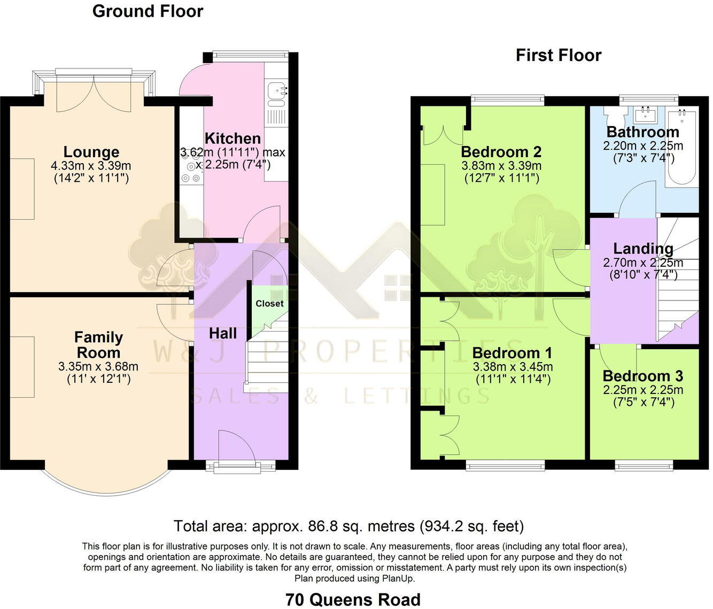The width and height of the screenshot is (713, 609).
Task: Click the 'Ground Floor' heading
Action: click(148, 11)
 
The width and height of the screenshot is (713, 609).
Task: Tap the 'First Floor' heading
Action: click(558, 55)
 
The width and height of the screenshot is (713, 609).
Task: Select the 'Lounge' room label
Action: click(91, 152)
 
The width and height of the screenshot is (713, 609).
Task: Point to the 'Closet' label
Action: click(269, 304)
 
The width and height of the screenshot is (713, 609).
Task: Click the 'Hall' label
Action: click(222, 334)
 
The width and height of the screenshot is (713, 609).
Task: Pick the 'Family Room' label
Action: click(98, 345)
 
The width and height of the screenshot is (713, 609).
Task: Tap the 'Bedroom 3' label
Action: click(642, 376)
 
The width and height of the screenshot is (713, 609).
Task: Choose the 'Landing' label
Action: click(642, 249)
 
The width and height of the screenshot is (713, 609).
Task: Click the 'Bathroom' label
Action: click(642, 132)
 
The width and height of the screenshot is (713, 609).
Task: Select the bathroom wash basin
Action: click(646, 113)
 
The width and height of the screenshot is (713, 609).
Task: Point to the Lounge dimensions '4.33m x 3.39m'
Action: click(91, 166)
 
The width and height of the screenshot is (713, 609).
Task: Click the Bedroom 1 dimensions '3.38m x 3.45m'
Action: click(513, 367)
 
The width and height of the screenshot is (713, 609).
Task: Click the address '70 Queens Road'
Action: click(353, 599)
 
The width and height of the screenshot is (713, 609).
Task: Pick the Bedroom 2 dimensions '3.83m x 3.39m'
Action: click(501, 166)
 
